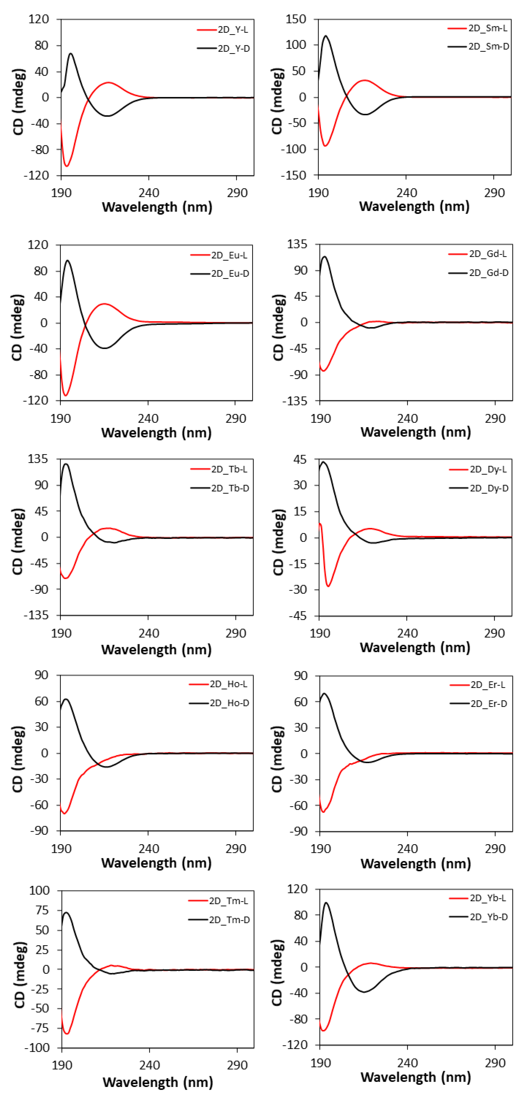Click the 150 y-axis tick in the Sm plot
pyautogui.click(x=296, y=19)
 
